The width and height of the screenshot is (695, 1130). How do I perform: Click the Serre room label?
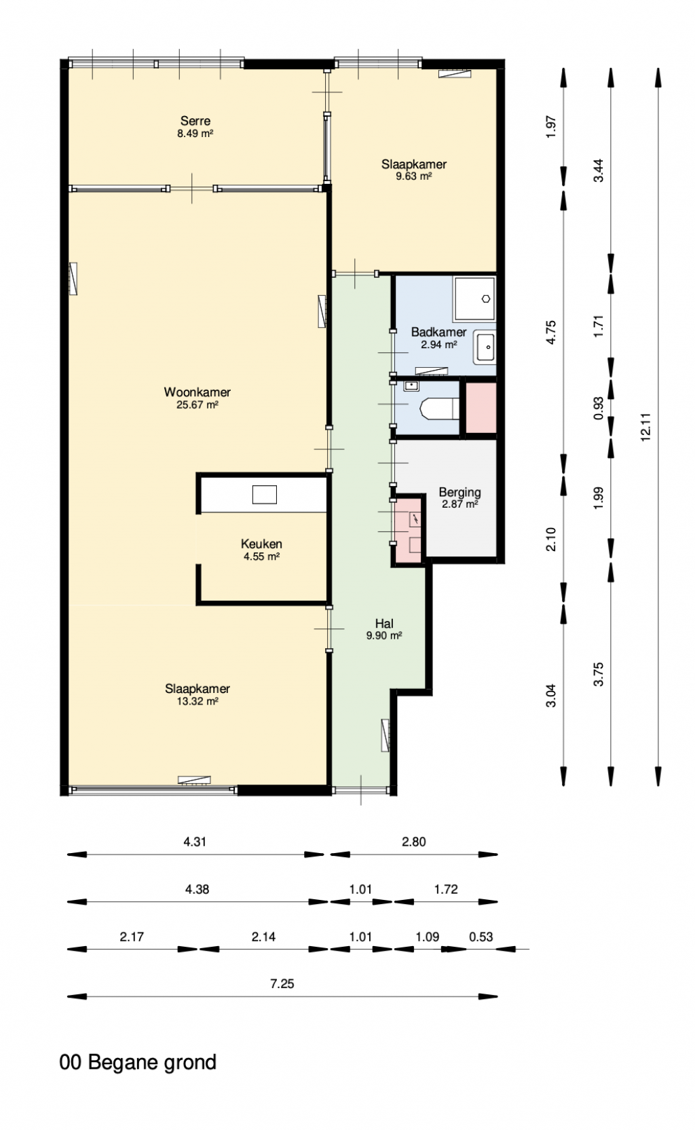coord(195,121)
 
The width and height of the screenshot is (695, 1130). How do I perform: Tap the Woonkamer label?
coord(198,392)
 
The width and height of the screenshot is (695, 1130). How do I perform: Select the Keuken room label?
coord(261,544)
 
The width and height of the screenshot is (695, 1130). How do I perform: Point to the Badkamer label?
coord(439,332)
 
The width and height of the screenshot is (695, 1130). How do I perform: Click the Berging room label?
coord(459,492)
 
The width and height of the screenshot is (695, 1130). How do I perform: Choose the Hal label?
coord(384,624)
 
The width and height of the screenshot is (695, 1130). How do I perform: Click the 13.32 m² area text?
coord(198,701)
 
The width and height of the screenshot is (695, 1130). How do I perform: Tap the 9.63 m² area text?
coord(413,176)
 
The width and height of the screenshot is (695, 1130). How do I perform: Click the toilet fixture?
coord(440,409)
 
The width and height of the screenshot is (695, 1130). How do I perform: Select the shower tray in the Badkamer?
coord(474,299)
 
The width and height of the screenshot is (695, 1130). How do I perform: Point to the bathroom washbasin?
coord(485,347)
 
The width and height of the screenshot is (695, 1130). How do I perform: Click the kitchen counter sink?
coord(264,494)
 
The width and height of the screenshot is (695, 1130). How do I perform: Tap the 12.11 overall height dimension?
coord(645,427)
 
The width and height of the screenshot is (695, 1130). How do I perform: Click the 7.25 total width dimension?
coord(282,983)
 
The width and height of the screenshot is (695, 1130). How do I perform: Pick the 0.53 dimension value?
coord(481,937)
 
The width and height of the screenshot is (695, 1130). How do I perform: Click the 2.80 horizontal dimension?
coord(413,842)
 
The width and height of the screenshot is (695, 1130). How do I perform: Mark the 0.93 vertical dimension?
coord(598,408)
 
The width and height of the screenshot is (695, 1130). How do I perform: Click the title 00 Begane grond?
coord(138,1063)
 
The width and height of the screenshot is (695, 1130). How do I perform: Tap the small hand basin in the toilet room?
coord(411,386)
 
